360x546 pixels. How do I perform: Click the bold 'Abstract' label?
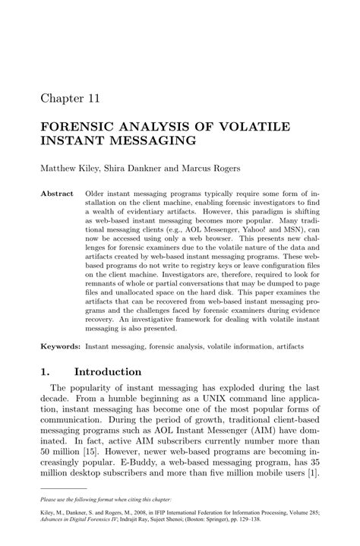pos(57,194)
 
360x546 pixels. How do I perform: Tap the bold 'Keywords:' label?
pos(61,346)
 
